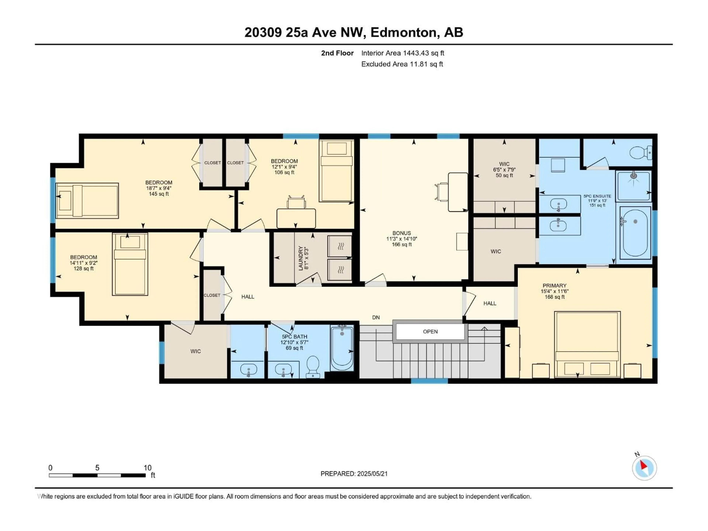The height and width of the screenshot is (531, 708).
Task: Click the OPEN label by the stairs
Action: click(x=430, y=332)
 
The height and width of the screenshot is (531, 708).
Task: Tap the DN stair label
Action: click(x=376, y=317)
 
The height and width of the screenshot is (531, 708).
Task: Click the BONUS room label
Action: click(x=401, y=233)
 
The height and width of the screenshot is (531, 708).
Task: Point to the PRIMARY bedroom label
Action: click(x=554, y=285)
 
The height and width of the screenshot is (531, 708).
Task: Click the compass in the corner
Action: click(x=644, y=468)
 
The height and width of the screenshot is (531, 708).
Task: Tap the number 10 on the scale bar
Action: click(x=147, y=468)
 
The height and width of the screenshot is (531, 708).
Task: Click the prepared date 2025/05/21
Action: click(x=371, y=474)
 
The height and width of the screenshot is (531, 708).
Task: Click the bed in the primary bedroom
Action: click(x=587, y=344)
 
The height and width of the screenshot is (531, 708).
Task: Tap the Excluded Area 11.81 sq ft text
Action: click(x=402, y=64)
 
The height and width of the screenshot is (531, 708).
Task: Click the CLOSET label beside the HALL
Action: click(x=212, y=295)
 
